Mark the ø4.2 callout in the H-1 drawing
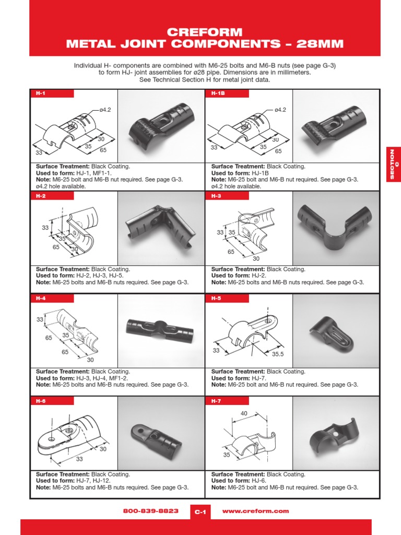tap(104, 110)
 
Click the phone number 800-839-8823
tap(151, 511)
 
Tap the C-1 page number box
tap(200, 513)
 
